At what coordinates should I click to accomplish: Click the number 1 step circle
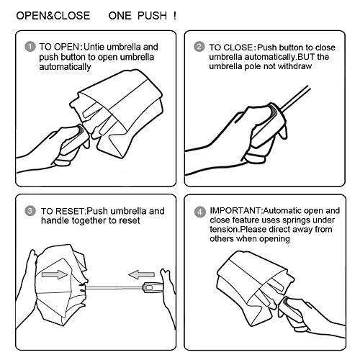click(x=30, y=47)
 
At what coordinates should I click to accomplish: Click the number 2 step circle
click(x=199, y=46)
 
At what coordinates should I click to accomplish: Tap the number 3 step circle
click(x=30, y=211)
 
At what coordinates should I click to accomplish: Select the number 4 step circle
click(x=199, y=212)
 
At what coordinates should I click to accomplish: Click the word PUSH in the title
click(x=152, y=16)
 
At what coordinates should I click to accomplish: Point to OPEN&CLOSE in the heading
click(x=53, y=16)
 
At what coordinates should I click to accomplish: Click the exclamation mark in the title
click(x=175, y=16)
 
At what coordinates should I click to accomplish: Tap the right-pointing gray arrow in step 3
click(x=55, y=274)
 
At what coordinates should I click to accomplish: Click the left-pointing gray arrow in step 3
click(x=141, y=274)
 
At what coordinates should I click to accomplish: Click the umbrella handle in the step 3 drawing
click(x=153, y=287)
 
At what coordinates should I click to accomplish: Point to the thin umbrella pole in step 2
click(x=295, y=99)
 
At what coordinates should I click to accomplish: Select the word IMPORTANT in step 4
click(x=235, y=210)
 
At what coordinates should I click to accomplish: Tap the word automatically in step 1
click(x=65, y=67)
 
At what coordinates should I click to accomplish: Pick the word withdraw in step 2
click(x=294, y=66)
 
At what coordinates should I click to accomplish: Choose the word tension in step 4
click(x=224, y=230)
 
